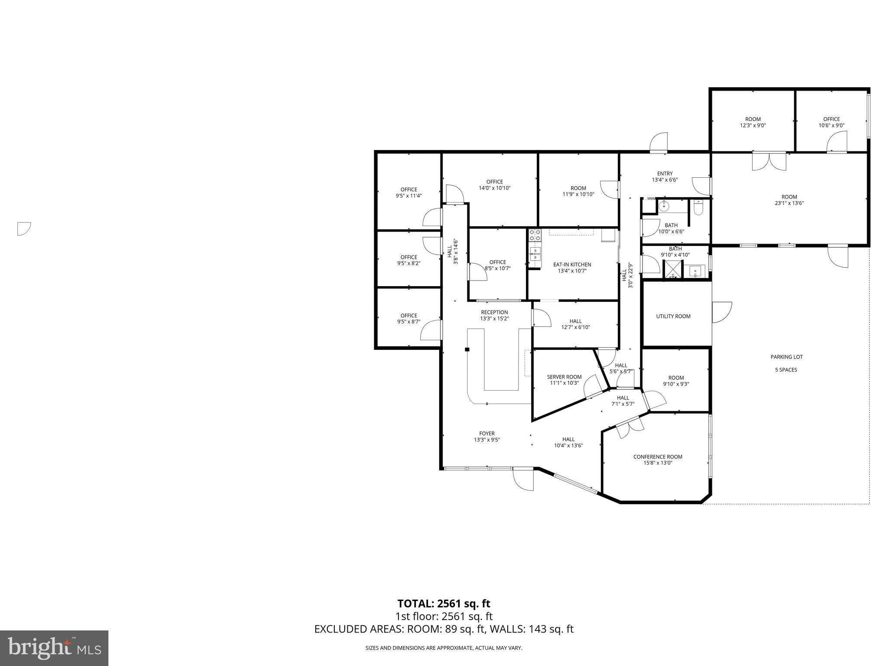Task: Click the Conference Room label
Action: [x=658, y=457]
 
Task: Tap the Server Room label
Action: [x=564, y=377]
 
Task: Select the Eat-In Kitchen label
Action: [x=572, y=264]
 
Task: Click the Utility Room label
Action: [x=673, y=316]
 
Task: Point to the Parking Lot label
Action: [x=787, y=357]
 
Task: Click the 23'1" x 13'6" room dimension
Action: [x=789, y=203]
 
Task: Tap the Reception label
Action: [x=494, y=312]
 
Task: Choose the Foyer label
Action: [x=487, y=433]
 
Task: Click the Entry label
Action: [x=665, y=173]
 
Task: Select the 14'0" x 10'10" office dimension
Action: [x=494, y=188]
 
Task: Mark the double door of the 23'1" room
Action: [x=769, y=161]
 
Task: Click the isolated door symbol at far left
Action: [x=23, y=229]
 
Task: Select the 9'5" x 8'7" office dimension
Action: [x=408, y=322]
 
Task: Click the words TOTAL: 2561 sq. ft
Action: [x=444, y=604]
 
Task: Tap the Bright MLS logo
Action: [x=54, y=648]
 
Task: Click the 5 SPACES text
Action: [x=786, y=370]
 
